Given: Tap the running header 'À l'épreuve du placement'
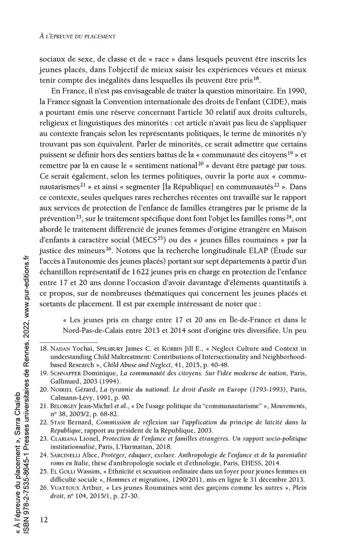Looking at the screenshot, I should click(77, 37).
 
